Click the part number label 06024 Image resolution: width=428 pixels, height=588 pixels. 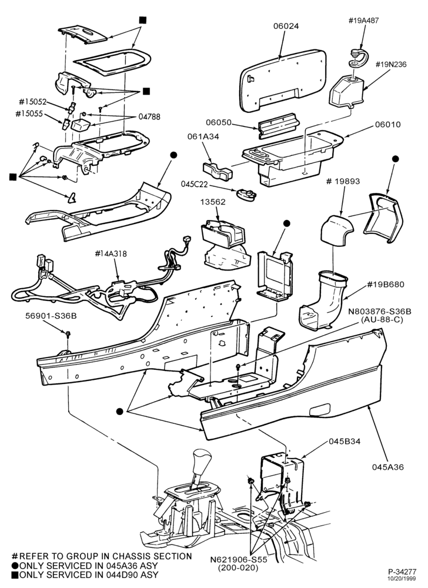(x=286, y=26)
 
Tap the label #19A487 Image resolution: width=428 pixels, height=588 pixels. (x=363, y=21)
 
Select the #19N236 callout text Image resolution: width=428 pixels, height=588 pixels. (x=391, y=65)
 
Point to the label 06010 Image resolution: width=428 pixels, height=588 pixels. (x=388, y=124)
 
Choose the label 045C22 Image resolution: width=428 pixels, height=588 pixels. (x=195, y=185)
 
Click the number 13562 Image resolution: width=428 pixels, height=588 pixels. (x=213, y=202)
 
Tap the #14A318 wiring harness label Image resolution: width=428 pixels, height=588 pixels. (x=111, y=254)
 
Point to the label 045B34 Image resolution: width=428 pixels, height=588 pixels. (x=345, y=442)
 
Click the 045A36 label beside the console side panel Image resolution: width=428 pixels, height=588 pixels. (x=388, y=467)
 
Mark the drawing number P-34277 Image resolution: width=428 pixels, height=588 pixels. (x=402, y=572)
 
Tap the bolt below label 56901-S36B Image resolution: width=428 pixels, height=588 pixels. (x=68, y=333)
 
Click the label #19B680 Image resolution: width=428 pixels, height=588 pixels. (x=386, y=284)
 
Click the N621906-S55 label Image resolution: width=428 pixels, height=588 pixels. (x=239, y=560)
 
